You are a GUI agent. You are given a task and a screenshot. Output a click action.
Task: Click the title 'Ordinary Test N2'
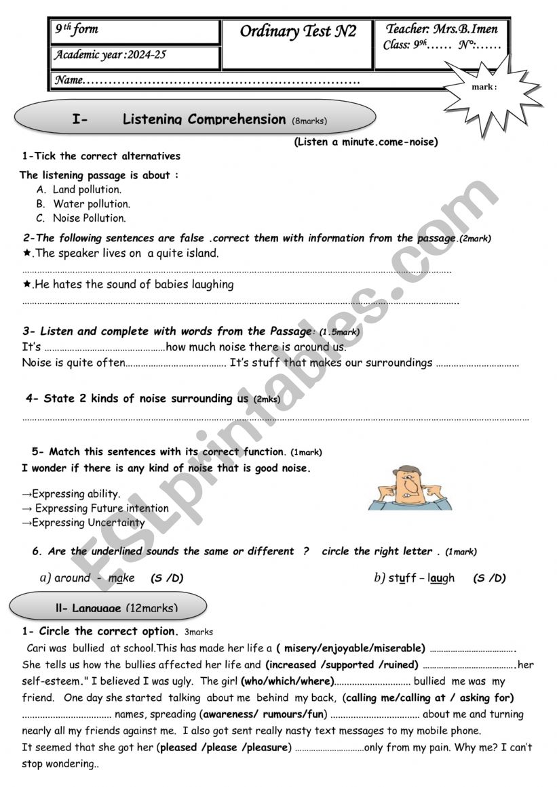tap(298, 32)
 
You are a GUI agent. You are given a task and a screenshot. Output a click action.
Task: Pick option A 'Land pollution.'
tap(87, 190)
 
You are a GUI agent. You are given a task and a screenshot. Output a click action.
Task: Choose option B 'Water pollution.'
tap(92, 204)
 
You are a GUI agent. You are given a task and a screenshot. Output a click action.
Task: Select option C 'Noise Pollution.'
tap(89, 218)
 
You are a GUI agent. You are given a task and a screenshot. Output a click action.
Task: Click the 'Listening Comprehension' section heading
tap(204, 120)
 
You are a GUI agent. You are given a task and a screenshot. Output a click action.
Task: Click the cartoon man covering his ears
tap(409, 487)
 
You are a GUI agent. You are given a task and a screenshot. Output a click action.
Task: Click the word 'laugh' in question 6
tap(442, 578)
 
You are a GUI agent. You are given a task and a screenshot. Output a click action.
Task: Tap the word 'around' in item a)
tap(72, 578)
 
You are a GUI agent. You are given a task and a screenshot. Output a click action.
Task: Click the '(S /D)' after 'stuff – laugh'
tap(489, 578)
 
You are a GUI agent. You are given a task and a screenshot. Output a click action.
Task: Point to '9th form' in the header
tap(76, 29)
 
